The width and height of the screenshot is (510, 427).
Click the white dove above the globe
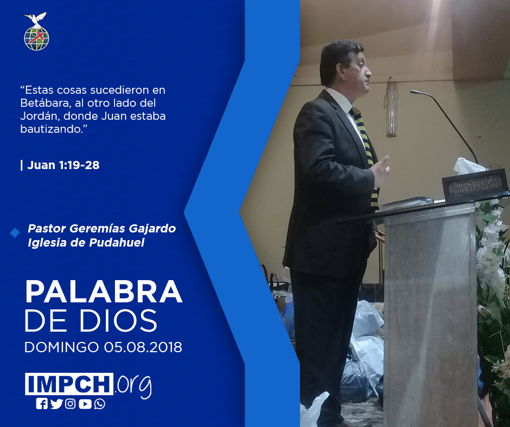coord(35,19)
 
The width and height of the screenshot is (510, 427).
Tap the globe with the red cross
coord(36,38)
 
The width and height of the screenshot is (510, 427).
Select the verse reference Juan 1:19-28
coord(63,165)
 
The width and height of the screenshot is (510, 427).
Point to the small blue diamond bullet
coord(15,232)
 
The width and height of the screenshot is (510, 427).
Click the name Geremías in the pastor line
coord(97,229)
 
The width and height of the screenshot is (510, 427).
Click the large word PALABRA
coord(104,292)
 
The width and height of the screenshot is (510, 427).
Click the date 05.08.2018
coord(143,347)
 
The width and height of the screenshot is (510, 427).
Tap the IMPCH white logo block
coord(69,384)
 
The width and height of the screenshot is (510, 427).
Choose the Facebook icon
coord(42,404)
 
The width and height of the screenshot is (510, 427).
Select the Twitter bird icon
coord(56,404)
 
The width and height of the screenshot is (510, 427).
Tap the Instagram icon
coord(70,404)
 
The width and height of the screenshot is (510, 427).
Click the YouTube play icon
coord(85,404)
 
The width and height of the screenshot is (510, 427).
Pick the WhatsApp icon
coord(99,404)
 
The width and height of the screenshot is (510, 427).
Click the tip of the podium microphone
coord(412,92)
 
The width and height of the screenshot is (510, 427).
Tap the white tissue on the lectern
coord(468,166)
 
